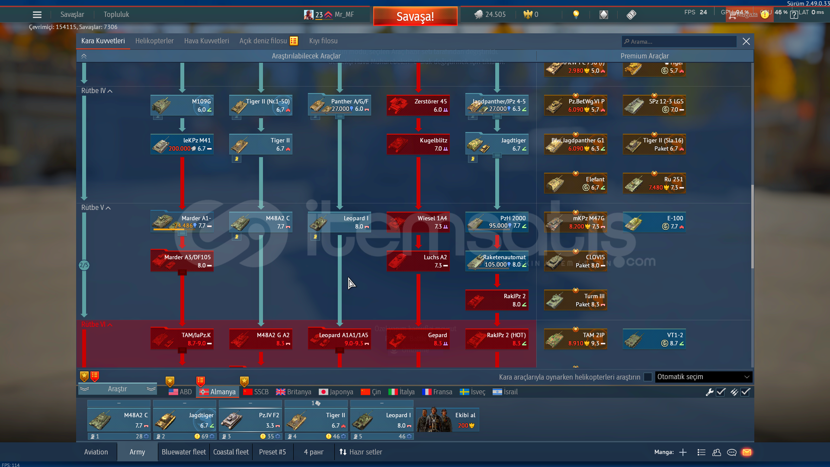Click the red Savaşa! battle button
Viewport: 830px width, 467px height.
coord(415,16)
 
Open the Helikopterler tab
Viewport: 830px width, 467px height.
coord(154,41)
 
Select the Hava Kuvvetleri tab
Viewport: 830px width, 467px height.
coord(206,41)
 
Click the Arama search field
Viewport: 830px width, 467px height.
coord(679,42)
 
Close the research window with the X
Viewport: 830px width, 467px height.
coord(746,42)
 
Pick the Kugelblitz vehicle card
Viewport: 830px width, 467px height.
coord(418,145)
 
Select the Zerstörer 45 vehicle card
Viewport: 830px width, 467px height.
coord(418,106)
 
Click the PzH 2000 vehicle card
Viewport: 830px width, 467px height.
coord(497,222)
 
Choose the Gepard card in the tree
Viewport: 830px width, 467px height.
coord(418,339)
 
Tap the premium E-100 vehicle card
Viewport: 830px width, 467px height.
coord(654,222)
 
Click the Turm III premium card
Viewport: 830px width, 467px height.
coord(575,300)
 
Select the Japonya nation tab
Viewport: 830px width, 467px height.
coord(336,392)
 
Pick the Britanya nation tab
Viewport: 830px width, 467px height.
coord(294,392)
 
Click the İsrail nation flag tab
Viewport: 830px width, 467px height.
coord(505,392)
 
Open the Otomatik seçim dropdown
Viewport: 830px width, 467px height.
coord(703,377)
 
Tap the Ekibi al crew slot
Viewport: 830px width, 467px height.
coord(448,420)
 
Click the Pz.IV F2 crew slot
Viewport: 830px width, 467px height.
coord(250,420)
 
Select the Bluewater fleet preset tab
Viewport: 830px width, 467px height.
coord(183,452)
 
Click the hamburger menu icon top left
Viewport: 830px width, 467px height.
coord(37,15)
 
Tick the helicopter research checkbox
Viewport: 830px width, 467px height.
coord(647,377)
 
